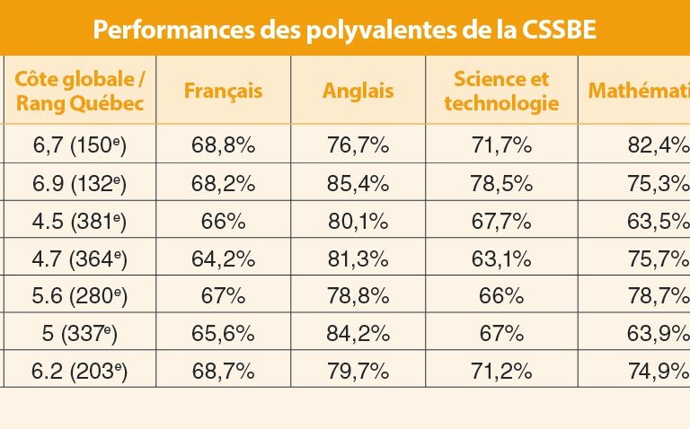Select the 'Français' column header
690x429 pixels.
pyautogui.click(x=223, y=91)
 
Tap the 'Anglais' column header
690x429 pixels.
pyautogui.click(x=356, y=91)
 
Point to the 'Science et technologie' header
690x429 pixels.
pyautogui.click(x=501, y=91)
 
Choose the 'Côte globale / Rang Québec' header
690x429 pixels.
pyautogui.click(x=80, y=91)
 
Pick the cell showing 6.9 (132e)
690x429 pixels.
pyautogui.click(x=80, y=183)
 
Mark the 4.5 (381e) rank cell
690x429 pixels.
pyautogui.click(x=80, y=221)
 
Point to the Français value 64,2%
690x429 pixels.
pyautogui.click(x=223, y=258)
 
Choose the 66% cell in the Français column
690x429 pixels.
pyautogui.click(x=223, y=221)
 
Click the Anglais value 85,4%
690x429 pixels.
pyautogui.click(x=356, y=183)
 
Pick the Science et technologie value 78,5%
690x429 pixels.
pyautogui.click(x=501, y=183)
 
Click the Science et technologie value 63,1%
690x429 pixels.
pyautogui.click(x=501, y=258)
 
